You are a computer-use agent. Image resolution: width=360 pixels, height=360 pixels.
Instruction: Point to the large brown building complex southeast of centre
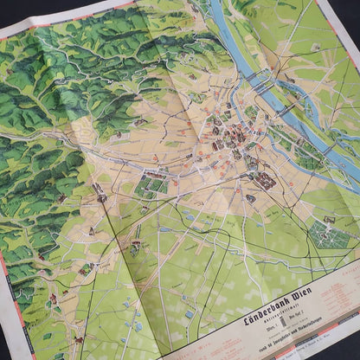(264, 181)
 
